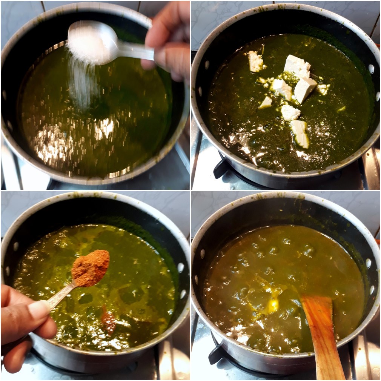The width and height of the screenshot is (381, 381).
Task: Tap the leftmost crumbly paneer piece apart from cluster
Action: [255, 61]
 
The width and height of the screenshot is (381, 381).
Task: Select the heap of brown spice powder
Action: [91, 267]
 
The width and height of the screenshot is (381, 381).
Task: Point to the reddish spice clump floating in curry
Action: [108, 321]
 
